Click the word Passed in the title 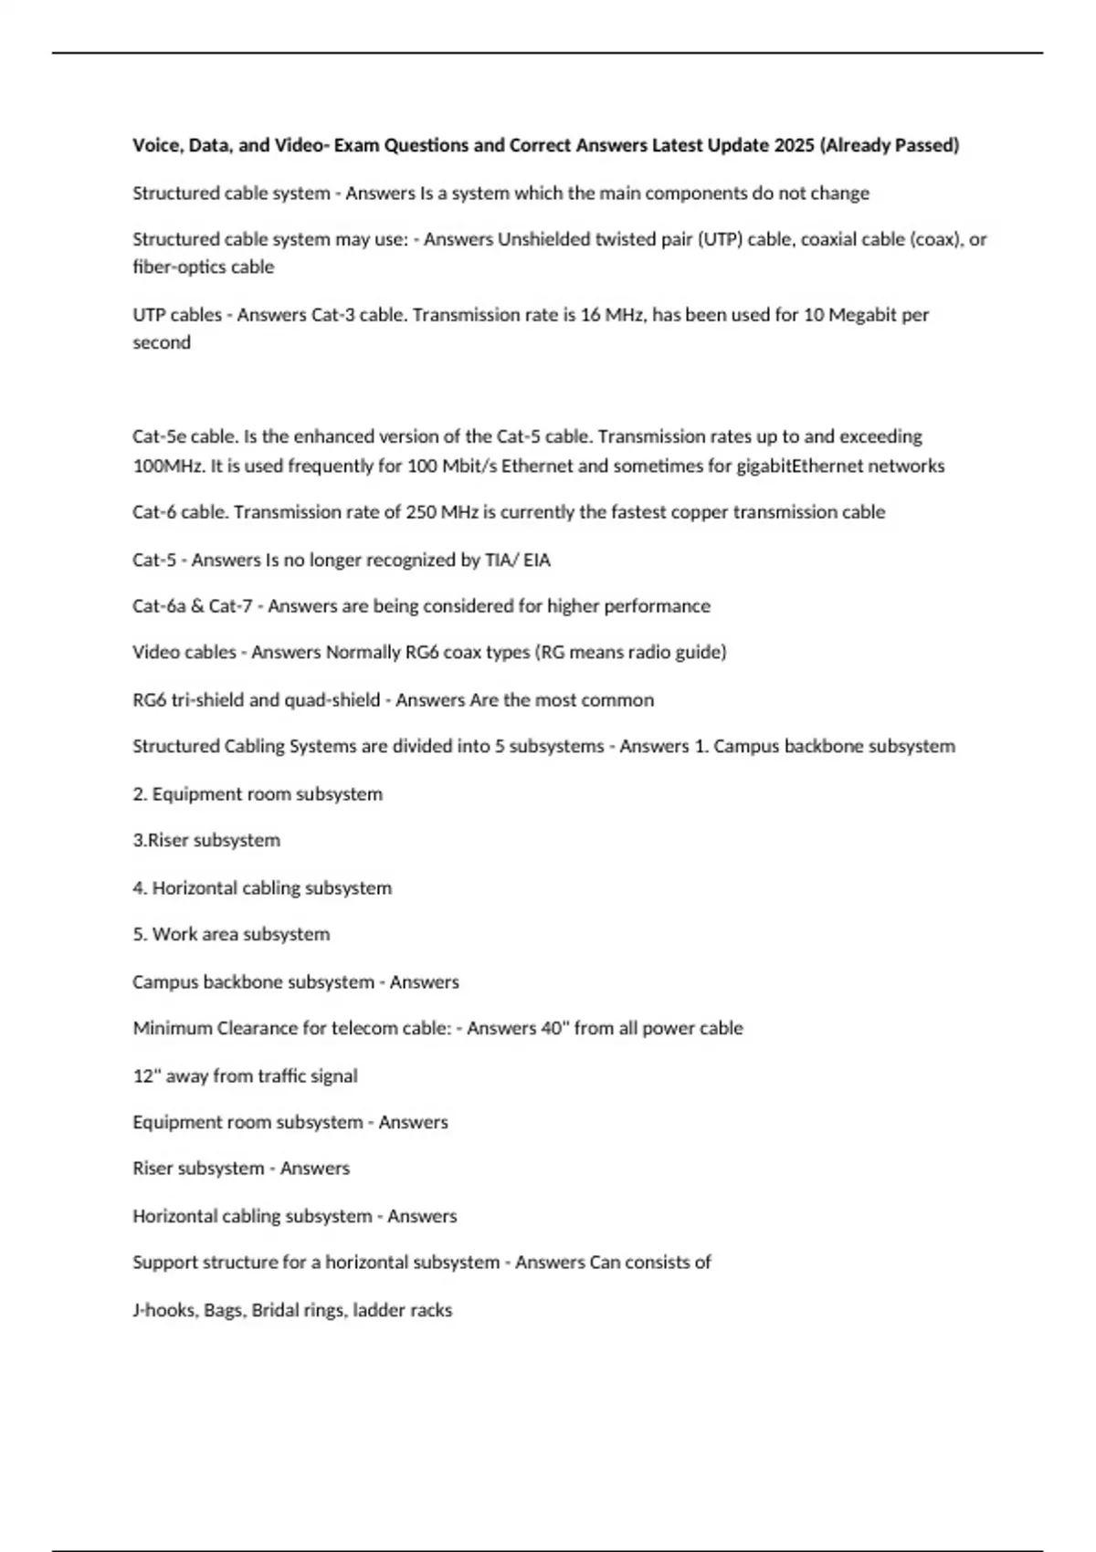point(923,145)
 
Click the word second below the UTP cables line point(162,342)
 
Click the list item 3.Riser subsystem point(206,840)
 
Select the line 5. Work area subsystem point(231,934)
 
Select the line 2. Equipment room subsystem point(258,794)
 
